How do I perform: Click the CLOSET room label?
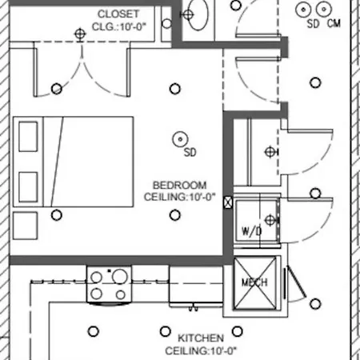(x=118, y=14)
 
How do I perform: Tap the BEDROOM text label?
(x=179, y=185)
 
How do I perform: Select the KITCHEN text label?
(x=201, y=338)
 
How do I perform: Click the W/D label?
(x=251, y=231)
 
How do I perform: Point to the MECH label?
(x=254, y=282)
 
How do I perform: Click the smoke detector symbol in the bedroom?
(x=180, y=139)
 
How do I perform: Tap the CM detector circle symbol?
(x=324, y=9)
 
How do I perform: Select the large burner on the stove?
(x=120, y=276)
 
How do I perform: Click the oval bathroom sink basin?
(x=198, y=14)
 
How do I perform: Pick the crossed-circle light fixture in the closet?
(x=80, y=34)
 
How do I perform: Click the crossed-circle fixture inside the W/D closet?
(x=270, y=220)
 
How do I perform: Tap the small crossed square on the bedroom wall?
(x=228, y=202)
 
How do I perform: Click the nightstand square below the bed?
(x=25, y=226)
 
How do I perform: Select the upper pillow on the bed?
(x=28, y=137)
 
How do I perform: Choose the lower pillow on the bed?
(x=28, y=187)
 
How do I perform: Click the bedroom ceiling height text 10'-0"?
(x=202, y=197)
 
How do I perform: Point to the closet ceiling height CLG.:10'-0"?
(x=119, y=26)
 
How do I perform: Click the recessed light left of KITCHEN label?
(x=166, y=331)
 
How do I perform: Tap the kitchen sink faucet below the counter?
(x=194, y=308)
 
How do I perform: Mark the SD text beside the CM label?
(x=313, y=24)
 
